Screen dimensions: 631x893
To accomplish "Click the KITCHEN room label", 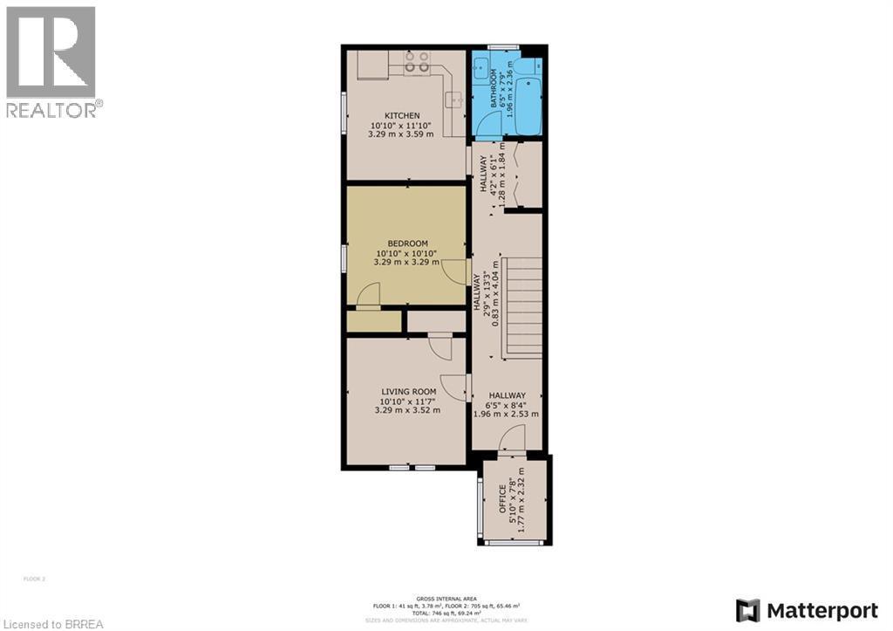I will tap(403, 115).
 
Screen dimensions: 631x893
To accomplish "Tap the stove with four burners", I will tap(417, 61).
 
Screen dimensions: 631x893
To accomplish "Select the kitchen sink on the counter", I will tap(454, 99).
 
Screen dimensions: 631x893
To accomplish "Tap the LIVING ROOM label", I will tap(407, 392).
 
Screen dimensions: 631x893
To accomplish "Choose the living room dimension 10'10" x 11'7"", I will tap(407, 401).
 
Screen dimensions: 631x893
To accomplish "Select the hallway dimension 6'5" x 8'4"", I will tap(506, 405).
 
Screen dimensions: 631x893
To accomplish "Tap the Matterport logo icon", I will tap(747, 608).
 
